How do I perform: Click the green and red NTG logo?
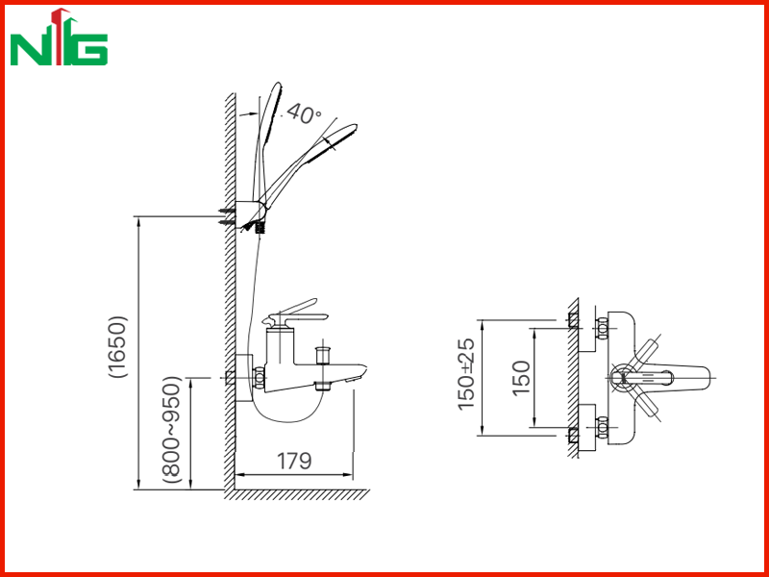click(59, 38)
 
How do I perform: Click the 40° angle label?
click(303, 113)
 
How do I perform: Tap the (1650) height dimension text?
click(118, 346)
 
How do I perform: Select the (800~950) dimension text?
click(172, 430)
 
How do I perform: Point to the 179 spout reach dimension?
click(294, 462)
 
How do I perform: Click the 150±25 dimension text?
click(466, 374)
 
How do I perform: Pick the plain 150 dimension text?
click(521, 378)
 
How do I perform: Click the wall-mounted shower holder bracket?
click(250, 213)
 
